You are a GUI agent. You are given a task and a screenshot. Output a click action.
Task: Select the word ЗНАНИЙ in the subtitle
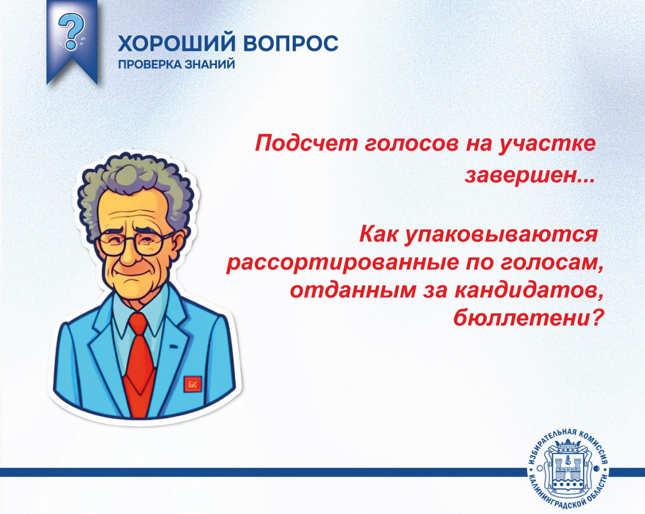210,64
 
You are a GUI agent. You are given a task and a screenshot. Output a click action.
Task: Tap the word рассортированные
342,263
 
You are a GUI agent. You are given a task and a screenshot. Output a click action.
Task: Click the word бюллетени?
528,318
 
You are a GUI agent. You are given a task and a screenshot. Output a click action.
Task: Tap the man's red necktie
140,363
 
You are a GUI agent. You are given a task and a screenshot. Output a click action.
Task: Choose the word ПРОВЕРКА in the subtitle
149,64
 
